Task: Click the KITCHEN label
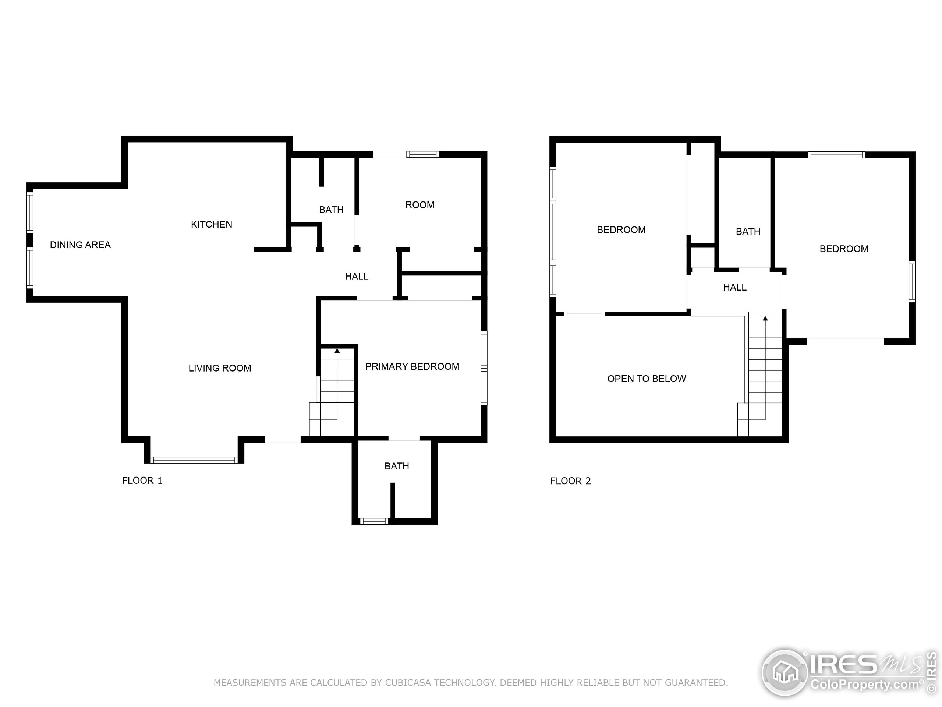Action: click(x=211, y=224)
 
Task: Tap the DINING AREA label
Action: click(x=80, y=245)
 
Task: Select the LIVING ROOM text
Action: click(x=220, y=368)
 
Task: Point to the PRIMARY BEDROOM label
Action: click(x=412, y=366)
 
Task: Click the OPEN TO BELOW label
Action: click(x=647, y=379)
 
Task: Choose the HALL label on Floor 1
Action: click(x=357, y=277)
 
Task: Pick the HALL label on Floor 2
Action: click(x=734, y=287)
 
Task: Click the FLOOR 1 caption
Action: click(x=142, y=481)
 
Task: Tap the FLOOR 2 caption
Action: click(x=570, y=481)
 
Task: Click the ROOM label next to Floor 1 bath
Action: click(x=419, y=205)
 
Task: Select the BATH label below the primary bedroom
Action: click(x=396, y=466)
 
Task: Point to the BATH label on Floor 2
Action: click(x=748, y=231)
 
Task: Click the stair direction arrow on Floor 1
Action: click(x=337, y=351)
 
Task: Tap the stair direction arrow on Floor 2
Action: click(x=765, y=319)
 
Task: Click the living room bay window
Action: click(x=194, y=460)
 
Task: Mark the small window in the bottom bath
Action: click(x=374, y=521)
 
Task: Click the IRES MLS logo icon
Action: click(x=785, y=672)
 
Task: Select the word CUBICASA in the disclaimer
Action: click(x=408, y=683)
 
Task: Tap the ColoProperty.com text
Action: click(x=864, y=685)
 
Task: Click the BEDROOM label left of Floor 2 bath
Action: click(x=621, y=230)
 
